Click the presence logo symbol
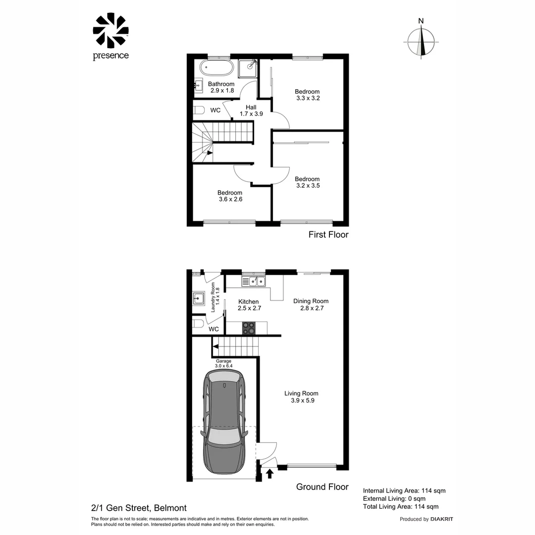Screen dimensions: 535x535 [110, 31]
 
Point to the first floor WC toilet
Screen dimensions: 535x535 [199, 110]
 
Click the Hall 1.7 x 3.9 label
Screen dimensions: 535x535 [251, 110]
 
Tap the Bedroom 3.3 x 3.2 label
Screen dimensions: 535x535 [307, 95]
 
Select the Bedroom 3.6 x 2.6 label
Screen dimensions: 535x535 [230, 196]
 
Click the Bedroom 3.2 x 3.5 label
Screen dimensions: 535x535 [307, 182]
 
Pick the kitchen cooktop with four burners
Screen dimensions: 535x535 [249, 328]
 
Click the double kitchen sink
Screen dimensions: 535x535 [254, 281]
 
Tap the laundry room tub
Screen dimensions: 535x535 [199, 299]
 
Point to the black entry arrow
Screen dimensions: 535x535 [269, 474]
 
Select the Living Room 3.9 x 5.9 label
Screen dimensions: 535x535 [301, 397]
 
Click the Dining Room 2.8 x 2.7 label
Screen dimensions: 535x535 [311, 304]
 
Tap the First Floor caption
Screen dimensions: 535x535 [328, 234]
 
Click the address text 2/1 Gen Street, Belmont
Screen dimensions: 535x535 [139, 507]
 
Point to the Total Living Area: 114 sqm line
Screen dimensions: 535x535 [400, 506]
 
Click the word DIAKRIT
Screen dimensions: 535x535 [441, 519]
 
